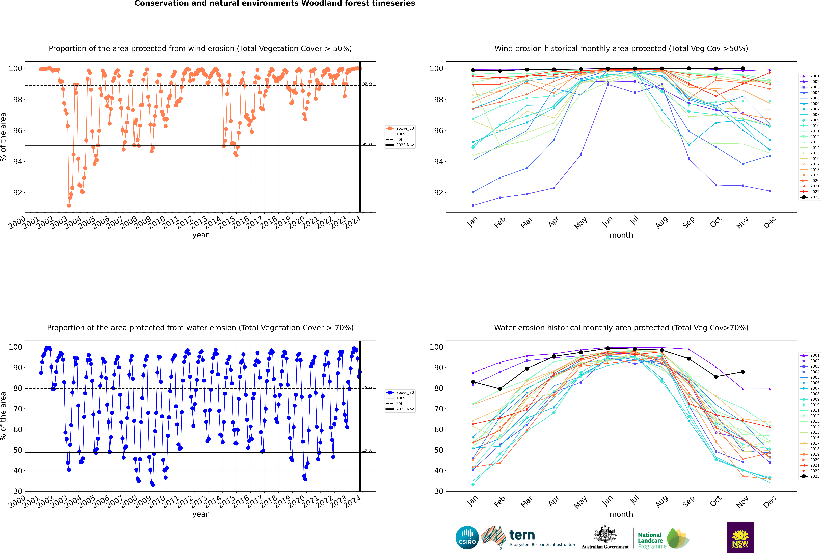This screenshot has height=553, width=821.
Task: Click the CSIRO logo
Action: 467,538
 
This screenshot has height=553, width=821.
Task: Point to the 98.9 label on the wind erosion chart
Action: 367,84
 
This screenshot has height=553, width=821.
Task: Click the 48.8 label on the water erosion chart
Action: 367,451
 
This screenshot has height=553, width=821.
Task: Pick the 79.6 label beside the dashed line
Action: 367,387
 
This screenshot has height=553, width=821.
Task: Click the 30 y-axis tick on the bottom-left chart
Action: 18,491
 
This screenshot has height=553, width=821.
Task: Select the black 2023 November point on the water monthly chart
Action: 743,372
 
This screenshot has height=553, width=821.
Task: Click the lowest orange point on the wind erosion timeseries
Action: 69,205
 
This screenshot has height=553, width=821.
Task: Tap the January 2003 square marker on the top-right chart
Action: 473,205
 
